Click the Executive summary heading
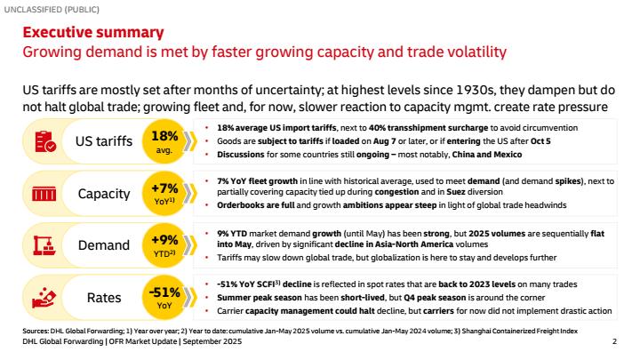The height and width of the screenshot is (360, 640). coord(92,33)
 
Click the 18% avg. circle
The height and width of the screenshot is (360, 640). coord(164,141)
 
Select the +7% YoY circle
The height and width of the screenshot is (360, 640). coord(164,193)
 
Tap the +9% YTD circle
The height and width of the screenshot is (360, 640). coord(164,244)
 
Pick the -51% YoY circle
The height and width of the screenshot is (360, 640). coord(164,296)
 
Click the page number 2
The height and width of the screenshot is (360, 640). coord(615,341)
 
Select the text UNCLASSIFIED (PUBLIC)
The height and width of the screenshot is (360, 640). coord(49,8)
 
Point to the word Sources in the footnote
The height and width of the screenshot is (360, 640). coord(36,332)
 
